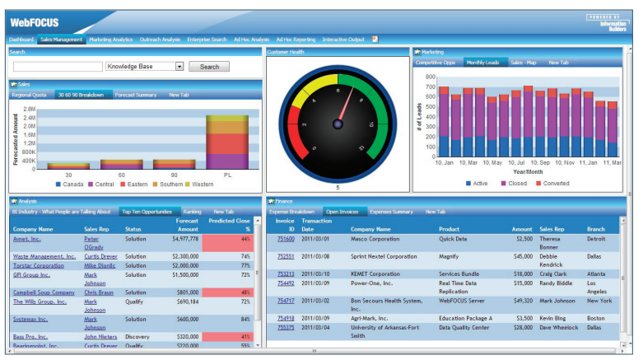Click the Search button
(x=209, y=67)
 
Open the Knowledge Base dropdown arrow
(x=179, y=67)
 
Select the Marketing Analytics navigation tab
(x=111, y=40)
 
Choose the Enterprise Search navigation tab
(x=207, y=40)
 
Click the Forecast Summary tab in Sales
(x=136, y=95)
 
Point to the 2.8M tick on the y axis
(x=30, y=109)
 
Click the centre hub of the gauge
(x=338, y=124)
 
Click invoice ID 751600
(x=286, y=239)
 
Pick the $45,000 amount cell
(x=522, y=256)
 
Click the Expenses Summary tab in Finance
(x=391, y=212)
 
